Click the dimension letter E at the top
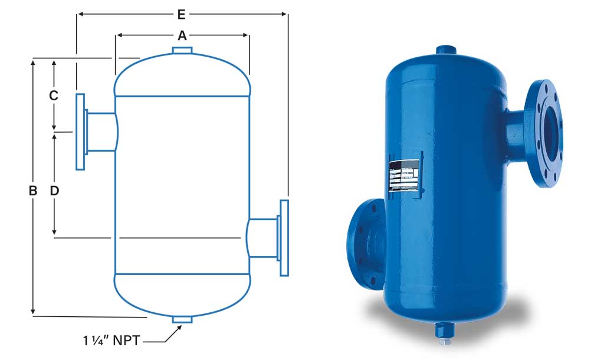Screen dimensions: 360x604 pyautogui.click(x=182, y=12)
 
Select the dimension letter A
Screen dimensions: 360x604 pyautogui.click(x=182, y=36)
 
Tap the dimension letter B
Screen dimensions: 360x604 pyautogui.click(x=33, y=191)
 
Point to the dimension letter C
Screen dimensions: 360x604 pyautogui.click(x=53, y=95)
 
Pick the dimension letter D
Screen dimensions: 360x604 pyautogui.click(x=54, y=191)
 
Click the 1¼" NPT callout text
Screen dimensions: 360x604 pyautogui.click(x=111, y=341)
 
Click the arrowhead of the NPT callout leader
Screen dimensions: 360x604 pyautogui.click(x=177, y=328)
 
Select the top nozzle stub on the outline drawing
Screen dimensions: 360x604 pyautogui.click(x=182, y=51)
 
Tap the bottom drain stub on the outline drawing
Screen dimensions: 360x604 pyautogui.click(x=182, y=320)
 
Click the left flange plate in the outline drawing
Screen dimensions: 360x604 pyautogui.click(x=81, y=131)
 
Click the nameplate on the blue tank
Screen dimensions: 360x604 pyautogui.click(x=405, y=175)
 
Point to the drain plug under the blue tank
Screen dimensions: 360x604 pyautogui.click(x=442, y=331)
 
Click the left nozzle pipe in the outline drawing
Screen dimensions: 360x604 pyautogui.click(x=101, y=131)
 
